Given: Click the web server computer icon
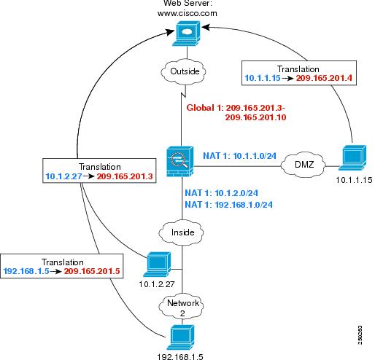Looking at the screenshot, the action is (x=186, y=34).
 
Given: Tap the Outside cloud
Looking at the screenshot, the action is (x=184, y=71).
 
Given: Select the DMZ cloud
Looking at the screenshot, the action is (x=303, y=165).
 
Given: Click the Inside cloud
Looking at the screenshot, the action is (x=181, y=232).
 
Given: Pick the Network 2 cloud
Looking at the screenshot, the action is (x=181, y=307).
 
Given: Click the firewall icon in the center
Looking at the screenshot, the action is (x=180, y=161).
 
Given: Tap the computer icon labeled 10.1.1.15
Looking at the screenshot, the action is (x=352, y=157).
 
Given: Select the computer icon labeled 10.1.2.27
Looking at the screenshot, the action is (x=157, y=265).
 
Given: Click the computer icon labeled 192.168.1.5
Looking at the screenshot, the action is (x=180, y=337).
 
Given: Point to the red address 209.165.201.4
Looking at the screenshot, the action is (x=324, y=78).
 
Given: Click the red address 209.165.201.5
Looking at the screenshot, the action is (x=92, y=271).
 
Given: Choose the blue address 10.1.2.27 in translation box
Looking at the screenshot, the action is (x=63, y=176).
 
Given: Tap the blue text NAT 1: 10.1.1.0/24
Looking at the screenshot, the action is (x=239, y=156).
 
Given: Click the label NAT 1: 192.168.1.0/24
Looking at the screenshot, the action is (x=228, y=205).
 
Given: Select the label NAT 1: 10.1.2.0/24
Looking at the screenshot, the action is (x=221, y=193).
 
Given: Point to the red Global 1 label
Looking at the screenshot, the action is (x=236, y=112).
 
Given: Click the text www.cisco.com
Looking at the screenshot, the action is (x=187, y=13).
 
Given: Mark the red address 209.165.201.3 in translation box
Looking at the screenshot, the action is (x=125, y=176).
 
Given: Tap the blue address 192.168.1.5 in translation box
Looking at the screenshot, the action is (x=26, y=271).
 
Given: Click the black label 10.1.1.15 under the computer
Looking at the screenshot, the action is (x=354, y=180).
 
